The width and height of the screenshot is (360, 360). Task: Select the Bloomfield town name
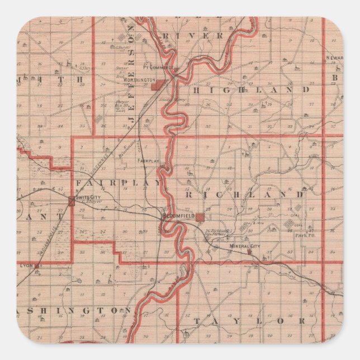pyautogui.click(x=177, y=215)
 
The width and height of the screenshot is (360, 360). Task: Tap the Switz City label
pyautogui.click(x=88, y=197)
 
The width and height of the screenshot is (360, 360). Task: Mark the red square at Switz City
pyautogui.click(x=71, y=202)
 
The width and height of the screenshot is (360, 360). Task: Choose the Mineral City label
pyautogui.click(x=244, y=247)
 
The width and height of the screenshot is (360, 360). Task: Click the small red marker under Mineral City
pyautogui.click(x=249, y=253)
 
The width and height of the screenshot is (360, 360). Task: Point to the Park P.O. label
pyautogui.click(x=305, y=236)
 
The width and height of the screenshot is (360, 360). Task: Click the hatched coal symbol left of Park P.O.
pyautogui.click(x=288, y=225)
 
